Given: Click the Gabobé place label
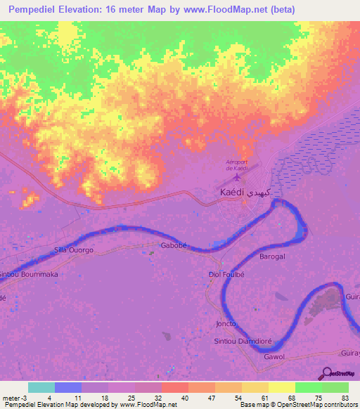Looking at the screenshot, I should coord(173,246).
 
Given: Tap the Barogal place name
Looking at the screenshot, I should coord(271,257).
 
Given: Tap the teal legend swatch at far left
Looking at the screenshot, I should coord(41,387).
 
